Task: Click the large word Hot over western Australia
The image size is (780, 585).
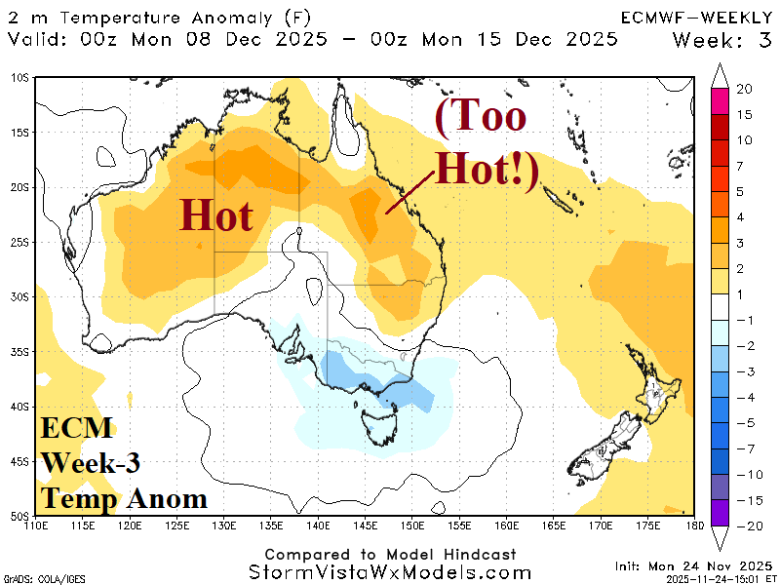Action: pos(215,214)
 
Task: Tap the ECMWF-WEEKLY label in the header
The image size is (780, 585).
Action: pos(696,17)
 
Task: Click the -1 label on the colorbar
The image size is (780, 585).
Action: pos(745,321)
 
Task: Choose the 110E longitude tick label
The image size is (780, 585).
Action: pos(36,526)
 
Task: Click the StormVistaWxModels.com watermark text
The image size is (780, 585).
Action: pos(390,572)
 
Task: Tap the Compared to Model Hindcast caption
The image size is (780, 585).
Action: pos(390,553)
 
